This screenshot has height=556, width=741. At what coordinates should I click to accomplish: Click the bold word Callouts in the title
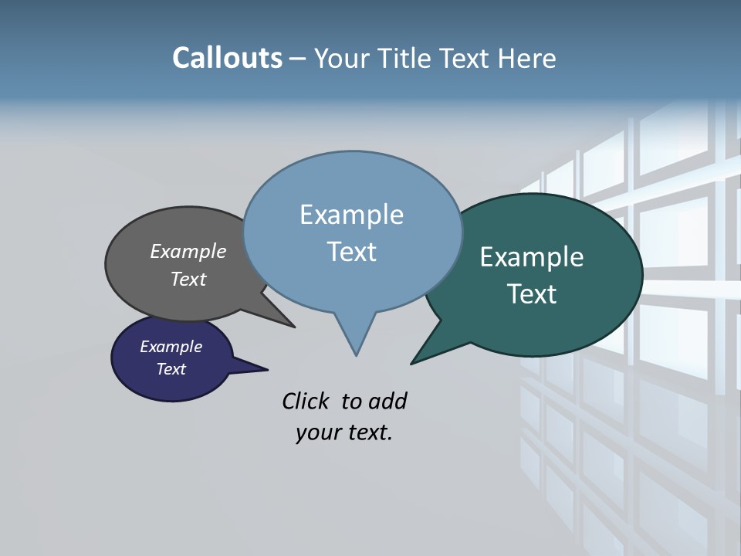[x=227, y=58]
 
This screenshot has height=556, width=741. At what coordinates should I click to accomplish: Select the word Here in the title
[x=529, y=58]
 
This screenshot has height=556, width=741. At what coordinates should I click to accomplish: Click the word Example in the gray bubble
[x=188, y=251]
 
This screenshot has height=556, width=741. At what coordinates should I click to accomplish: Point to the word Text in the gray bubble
[x=188, y=279]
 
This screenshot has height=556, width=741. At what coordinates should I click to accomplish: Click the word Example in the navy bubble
[x=171, y=347]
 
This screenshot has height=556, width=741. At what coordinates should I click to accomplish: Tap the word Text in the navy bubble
[x=171, y=369]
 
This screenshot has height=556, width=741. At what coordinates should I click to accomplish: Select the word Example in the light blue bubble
[x=351, y=215]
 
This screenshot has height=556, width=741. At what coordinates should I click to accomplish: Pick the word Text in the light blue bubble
[x=351, y=252]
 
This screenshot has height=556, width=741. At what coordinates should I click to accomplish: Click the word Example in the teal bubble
[x=532, y=257]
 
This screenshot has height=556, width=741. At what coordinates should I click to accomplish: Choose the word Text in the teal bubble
[x=532, y=294]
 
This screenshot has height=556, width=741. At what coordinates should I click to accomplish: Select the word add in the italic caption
[x=387, y=401]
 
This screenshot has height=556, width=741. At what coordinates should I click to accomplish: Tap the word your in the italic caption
[x=317, y=432]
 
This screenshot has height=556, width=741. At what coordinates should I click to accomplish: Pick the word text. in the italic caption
[x=367, y=432]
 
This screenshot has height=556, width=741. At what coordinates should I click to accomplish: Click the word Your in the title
[x=343, y=58]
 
